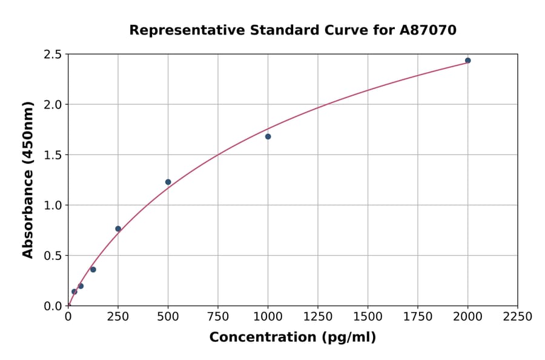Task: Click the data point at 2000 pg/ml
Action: pos(467,61)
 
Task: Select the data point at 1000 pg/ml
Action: pos(268,136)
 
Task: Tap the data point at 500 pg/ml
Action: pos(168,182)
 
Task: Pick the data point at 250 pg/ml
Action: pos(118,228)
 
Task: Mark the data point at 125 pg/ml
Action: pos(93,269)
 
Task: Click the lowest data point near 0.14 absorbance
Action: pos(74,292)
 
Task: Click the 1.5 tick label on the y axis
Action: pos(53,155)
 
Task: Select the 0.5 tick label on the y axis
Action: pos(53,256)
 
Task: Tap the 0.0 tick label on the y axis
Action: pos(53,306)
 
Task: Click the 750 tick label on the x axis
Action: pos(218,317)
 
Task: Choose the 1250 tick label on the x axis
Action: pos(318,317)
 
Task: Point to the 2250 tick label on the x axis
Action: pos(518,317)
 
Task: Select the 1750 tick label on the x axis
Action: pos(418,317)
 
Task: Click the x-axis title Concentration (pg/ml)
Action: pos(292,338)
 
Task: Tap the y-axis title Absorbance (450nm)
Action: pos(28,180)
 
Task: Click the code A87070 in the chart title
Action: pos(428,30)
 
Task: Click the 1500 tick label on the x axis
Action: pos(368,317)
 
